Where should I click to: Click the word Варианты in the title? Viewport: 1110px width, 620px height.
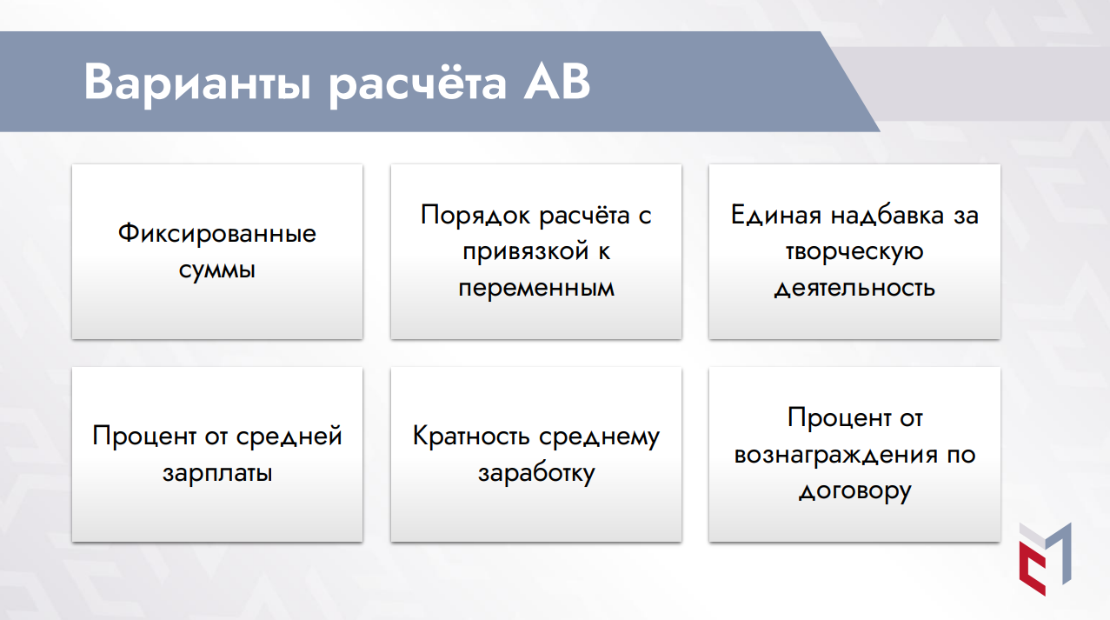click(x=197, y=83)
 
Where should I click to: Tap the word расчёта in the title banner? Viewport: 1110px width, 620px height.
click(x=418, y=82)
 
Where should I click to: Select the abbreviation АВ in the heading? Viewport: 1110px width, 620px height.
click(x=557, y=81)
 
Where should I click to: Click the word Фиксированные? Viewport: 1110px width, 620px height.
click(x=217, y=233)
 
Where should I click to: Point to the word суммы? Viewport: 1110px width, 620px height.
click(x=217, y=270)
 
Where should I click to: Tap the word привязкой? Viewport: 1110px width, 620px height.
click(x=525, y=251)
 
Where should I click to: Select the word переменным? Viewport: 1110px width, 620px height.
click(x=536, y=289)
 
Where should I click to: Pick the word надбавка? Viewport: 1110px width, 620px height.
click(x=887, y=216)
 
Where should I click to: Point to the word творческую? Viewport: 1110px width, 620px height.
click(x=854, y=252)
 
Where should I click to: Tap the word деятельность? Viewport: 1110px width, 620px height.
click(x=854, y=288)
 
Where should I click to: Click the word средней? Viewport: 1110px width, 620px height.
click(x=289, y=437)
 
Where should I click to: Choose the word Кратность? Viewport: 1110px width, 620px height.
click(x=471, y=437)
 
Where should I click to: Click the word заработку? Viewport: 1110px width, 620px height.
click(x=536, y=473)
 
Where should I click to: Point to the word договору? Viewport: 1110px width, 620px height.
click(x=854, y=491)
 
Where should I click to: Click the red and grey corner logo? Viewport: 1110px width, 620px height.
click(x=1045, y=559)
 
